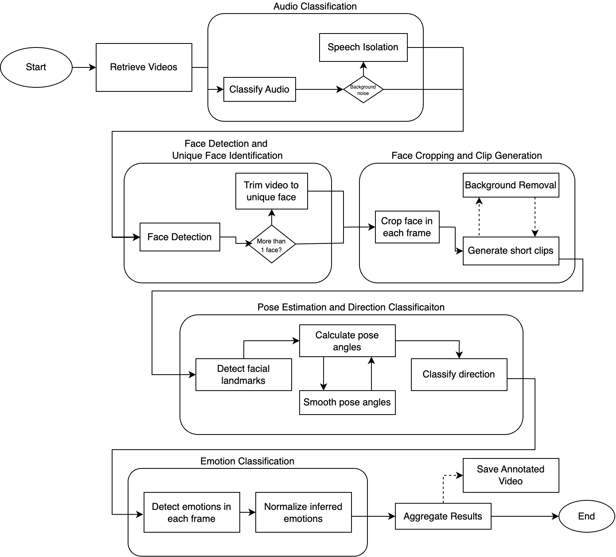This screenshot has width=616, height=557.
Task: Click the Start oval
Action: click(36, 67)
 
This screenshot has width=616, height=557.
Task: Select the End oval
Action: click(586, 516)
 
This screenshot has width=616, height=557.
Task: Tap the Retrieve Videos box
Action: click(144, 67)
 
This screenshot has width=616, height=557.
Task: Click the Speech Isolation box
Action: click(363, 47)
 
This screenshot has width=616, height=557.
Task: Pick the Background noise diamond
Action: click(363, 89)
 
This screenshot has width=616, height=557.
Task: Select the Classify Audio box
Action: click(259, 89)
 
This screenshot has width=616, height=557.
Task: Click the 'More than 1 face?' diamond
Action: click(271, 244)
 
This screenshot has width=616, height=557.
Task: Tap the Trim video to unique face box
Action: click(271, 191)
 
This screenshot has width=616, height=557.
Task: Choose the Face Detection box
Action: click(180, 237)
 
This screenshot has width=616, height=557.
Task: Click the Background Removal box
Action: click(511, 185)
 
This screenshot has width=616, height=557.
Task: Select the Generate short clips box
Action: click(511, 251)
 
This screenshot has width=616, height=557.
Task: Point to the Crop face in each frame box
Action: click(407, 227)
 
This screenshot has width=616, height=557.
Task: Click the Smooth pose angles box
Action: click(347, 402)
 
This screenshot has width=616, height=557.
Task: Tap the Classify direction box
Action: click(459, 374)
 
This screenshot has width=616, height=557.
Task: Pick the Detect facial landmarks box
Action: click(243, 374)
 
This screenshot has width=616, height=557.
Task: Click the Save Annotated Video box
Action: click(511, 475)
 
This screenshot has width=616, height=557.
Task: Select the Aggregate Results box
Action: click(443, 516)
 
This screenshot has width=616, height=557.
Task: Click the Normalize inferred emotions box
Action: click(303, 512)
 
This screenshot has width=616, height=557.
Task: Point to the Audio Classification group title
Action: click(315, 6)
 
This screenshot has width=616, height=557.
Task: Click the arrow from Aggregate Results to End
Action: click(525, 516)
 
